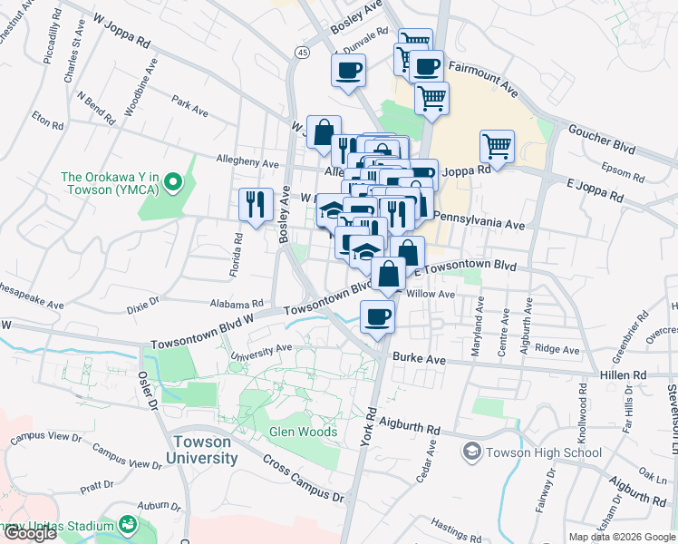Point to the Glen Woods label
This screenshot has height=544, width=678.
pyautogui.click(x=303, y=432)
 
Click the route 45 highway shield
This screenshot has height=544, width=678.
pyautogui.click(x=301, y=54)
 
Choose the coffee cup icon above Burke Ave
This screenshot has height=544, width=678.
pyautogui.click(x=377, y=317)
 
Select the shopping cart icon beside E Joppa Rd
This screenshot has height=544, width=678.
pyautogui.click(x=497, y=145)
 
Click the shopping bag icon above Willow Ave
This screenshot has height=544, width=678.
pyautogui.click(x=388, y=274)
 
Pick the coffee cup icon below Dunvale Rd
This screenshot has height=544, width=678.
pyautogui.click(x=348, y=70)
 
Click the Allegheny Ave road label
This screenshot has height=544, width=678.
pyautogui.click(x=247, y=161)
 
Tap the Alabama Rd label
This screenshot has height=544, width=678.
pyautogui.click(x=236, y=305)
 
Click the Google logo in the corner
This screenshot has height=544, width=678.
pyautogui.click(x=30, y=533)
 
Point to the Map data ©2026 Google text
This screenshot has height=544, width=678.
pyautogui.click(x=621, y=537)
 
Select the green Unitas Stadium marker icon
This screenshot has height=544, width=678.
pyautogui.click(x=128, y=525)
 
